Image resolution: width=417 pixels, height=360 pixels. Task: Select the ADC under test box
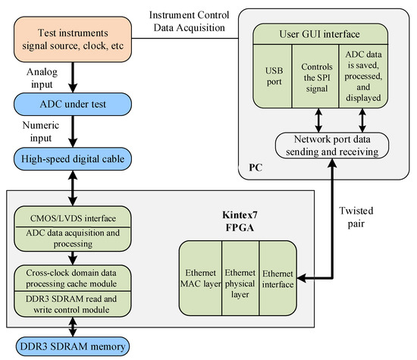click(x=73, y=102)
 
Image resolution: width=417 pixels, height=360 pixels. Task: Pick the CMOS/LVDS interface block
click(x=73, y=217)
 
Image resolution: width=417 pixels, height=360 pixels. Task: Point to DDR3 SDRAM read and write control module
click(x=73, y=301)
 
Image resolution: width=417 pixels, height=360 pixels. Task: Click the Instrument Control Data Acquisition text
click(x=196, y=20)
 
